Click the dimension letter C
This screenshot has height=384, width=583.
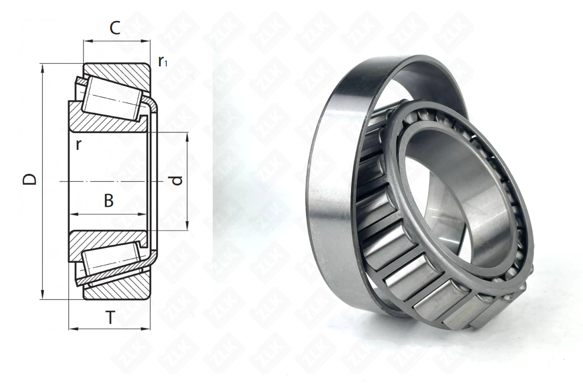click(x=115, y=28)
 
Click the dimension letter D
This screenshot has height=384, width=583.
click(x=30, y=179)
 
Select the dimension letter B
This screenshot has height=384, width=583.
click(x=109, y=201)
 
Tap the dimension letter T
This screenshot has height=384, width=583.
click(x=111, y=318)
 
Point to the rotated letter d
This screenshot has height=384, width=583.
click(x=177, y=180)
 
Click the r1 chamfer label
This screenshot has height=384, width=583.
click(x=163, y=62)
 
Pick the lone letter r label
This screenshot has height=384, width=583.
click(x=78, y=144)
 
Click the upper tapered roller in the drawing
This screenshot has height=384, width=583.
click(x=112, y=98)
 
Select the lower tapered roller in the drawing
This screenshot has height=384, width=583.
click(x=111, y=260)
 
